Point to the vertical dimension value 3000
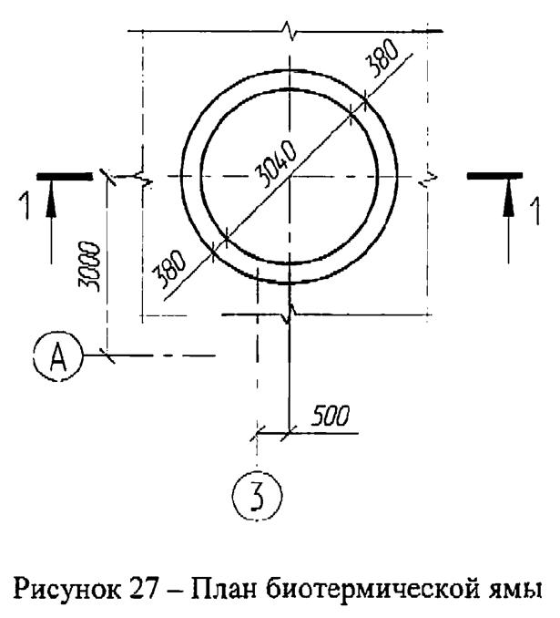point(89,266)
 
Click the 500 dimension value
point(330,417)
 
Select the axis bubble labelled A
point(57,356)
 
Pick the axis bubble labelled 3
point(257,496)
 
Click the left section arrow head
point(50,204)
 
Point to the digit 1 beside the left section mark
point(25,207)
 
